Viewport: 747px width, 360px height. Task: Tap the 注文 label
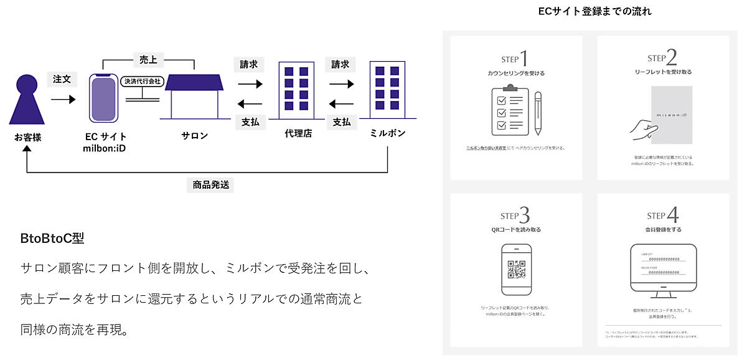(x=62, y=80)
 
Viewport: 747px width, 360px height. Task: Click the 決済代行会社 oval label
(x=141, y=82)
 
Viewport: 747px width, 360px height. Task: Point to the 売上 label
(x=148, y=60)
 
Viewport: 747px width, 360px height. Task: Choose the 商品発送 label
(x=210, y=184)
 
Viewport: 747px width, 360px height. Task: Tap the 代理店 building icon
(x=296, y=90)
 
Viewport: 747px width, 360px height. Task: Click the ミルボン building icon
(x=387, y=89)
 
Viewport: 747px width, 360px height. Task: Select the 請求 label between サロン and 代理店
(x=250, y=64)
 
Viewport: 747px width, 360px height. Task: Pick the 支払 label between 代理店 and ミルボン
(x=341, y=122)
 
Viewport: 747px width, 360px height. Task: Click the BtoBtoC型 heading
(x=52, y=238)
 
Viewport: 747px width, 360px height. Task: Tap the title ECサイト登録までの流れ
(x=594, y=11)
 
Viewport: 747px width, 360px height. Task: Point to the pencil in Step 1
(x=537, y=114)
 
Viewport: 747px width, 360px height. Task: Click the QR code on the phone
(x=516, y=269)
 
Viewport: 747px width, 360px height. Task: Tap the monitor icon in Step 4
(x=663, y=268)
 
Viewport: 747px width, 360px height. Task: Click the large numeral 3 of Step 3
(x=525, y=216)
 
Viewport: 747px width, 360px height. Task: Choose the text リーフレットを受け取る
(x=663, y=72)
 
